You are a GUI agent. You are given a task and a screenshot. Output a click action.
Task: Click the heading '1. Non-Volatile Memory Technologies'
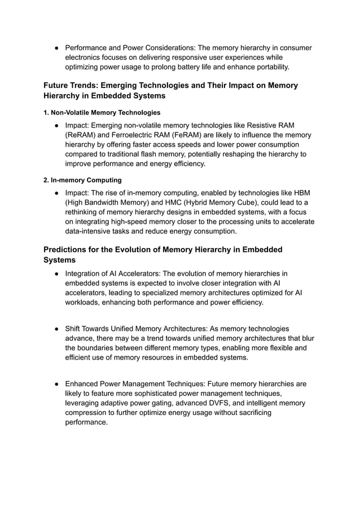(x=102, y=112)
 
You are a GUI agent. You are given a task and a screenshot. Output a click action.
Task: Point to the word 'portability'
(x=268, y=67)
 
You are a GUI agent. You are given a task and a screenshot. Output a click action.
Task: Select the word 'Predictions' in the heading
(x=67, y=249)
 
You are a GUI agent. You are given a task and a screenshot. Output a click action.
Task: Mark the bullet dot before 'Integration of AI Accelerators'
(x=58, y=274)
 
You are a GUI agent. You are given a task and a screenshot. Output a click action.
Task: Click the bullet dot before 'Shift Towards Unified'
(x=58, y=329)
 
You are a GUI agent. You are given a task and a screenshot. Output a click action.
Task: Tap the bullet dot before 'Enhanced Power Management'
(x=58, y=384)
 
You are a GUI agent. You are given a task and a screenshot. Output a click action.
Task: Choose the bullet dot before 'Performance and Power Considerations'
(x=58, y=48)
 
